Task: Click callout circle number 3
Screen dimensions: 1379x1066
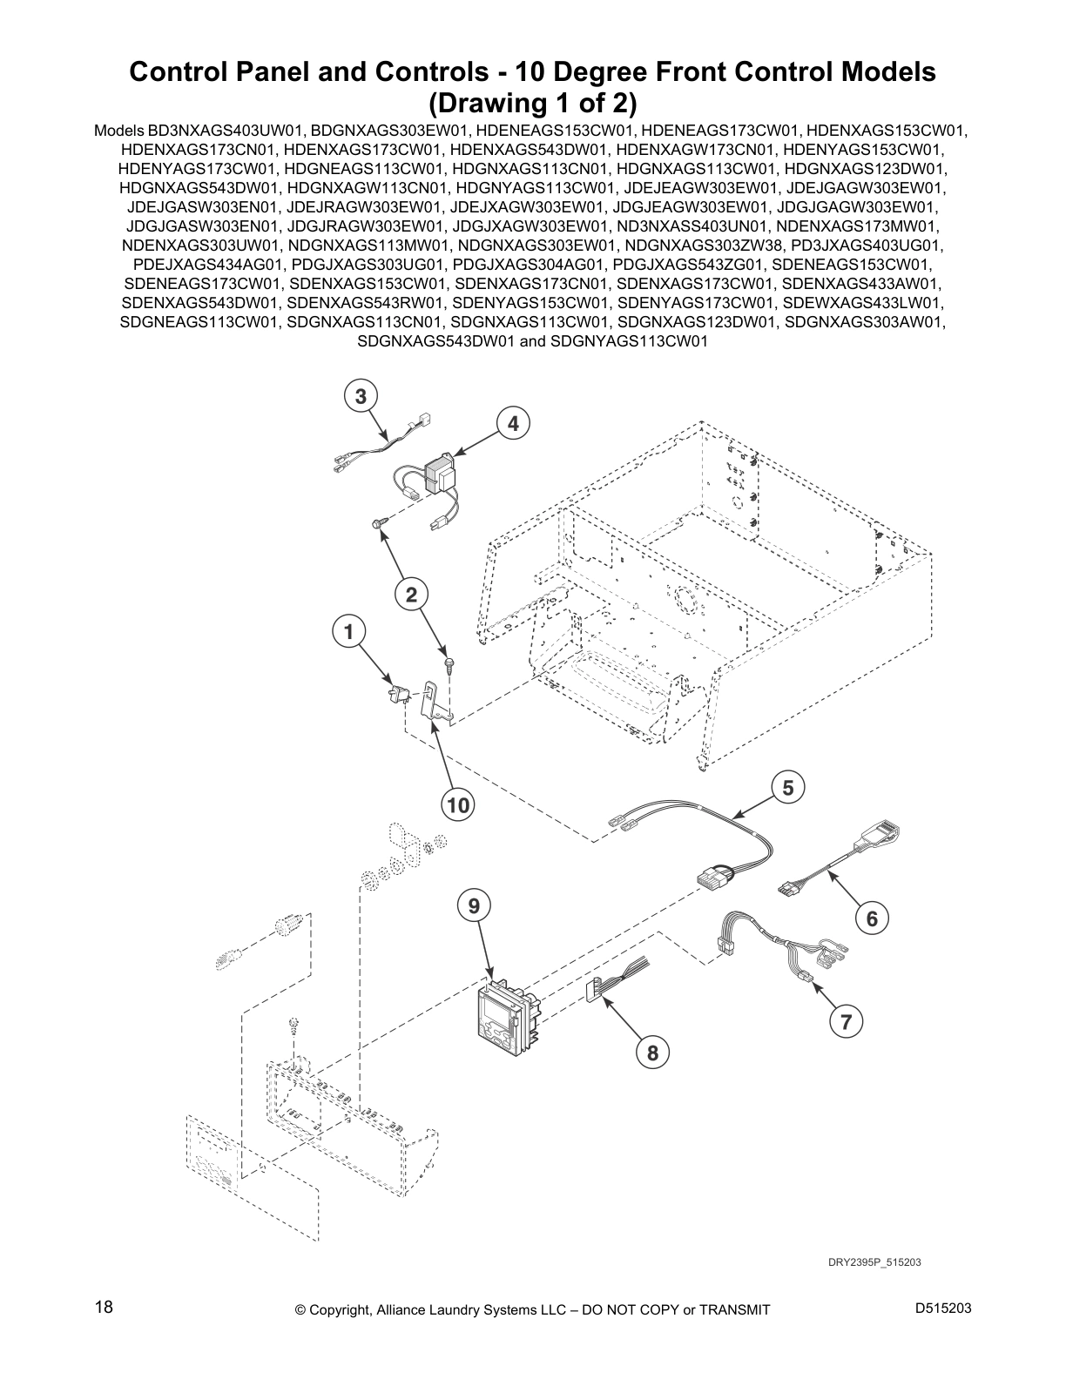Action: coord(360,396)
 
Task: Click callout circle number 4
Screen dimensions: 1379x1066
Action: coord(514,424)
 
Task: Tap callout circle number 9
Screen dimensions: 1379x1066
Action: coord(474,906)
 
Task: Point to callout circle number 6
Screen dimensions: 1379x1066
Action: coord(872,918)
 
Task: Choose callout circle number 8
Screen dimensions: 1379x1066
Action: coord(652,1053)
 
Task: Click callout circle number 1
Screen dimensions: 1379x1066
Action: coord(350,631)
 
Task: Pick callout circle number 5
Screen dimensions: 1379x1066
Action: coord(788,788)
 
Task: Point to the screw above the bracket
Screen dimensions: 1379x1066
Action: coord(446,665)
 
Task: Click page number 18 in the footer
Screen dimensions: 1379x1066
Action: coord(104,1308)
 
